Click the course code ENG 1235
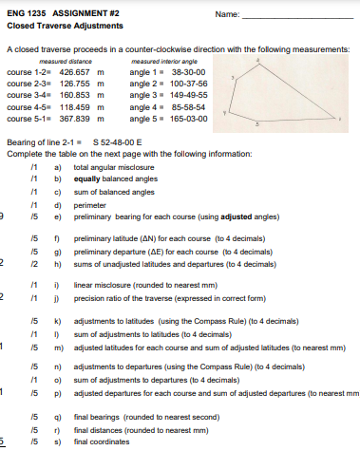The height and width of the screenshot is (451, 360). pyautogui.click(x=26, y=13)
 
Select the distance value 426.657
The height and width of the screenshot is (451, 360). pyautogui.click(x=76, y=72)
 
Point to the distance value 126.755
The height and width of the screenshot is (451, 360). pyautogui.click(x=76, y=83)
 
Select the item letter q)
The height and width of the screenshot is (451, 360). pyautogui.click(x=58, y=417)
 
